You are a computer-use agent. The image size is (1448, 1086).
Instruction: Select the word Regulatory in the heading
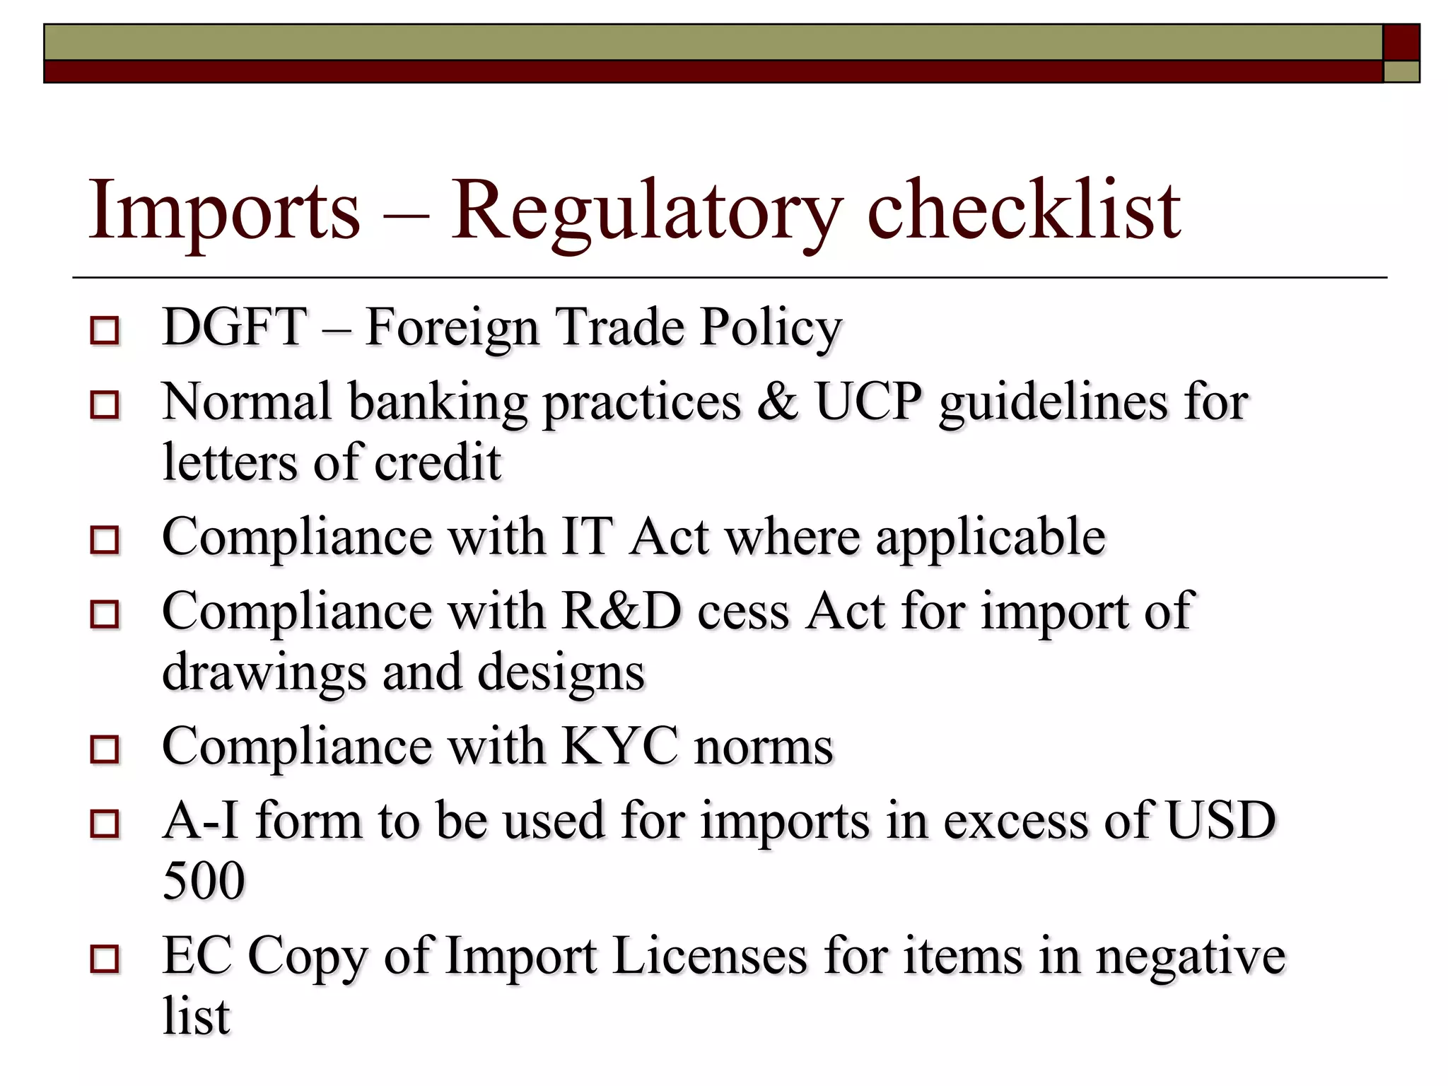646,211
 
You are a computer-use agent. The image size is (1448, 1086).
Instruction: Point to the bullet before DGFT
105,330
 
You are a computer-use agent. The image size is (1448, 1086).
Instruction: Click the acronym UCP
869,402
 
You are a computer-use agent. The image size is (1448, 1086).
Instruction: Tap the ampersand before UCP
778,402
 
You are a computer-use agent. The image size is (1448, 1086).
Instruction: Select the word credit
437,462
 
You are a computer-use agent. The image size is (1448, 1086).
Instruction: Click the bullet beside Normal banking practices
105,405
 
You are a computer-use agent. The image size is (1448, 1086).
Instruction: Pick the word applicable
990,537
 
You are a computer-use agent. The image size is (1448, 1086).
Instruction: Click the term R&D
621,611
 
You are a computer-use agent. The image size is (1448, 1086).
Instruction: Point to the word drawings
264,672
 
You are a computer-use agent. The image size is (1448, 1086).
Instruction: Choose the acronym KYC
619,746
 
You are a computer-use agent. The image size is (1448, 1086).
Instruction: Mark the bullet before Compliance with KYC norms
105,749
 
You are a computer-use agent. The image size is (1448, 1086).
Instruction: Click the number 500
204,881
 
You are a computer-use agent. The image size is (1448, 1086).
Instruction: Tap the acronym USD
1220,820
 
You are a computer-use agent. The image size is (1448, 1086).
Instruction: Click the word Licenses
709,956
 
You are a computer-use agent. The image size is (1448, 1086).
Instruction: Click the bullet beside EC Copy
105,959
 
